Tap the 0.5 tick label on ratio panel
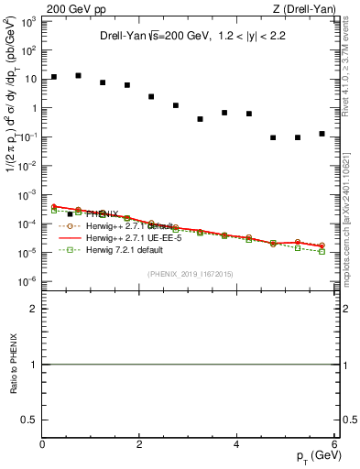click(x=28, y=419)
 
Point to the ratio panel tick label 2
click(x=33, y=310)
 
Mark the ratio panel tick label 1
click(x=33, y=365)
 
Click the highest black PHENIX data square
click(x=79, y=75)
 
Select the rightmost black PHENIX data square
click(x=322, y=134)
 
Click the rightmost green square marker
click(x=322, y=251)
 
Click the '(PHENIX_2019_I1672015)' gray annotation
click(x=189, y=274)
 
